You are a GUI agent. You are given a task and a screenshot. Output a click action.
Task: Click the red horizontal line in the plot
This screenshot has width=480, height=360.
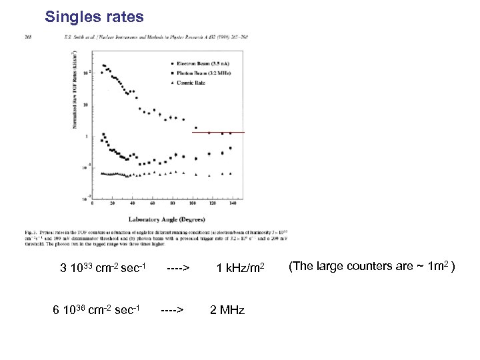coord(218,133)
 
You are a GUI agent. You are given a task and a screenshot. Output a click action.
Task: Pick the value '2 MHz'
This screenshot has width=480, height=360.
coord(227,311)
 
